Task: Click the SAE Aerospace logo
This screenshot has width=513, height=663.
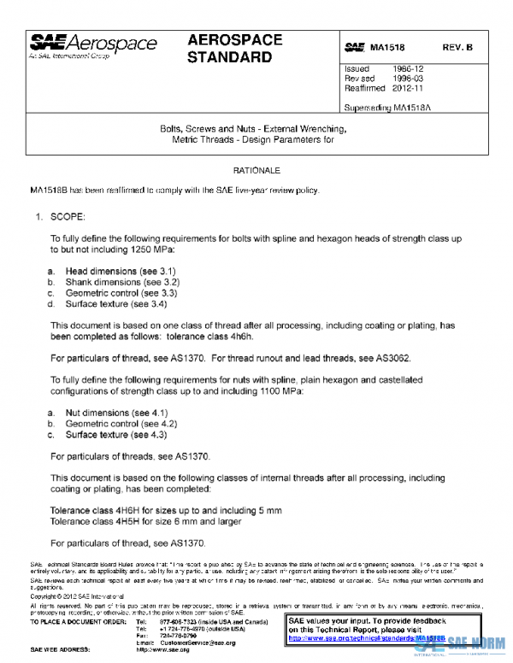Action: pos(94,45)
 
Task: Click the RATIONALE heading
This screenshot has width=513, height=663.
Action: pos(256,171)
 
